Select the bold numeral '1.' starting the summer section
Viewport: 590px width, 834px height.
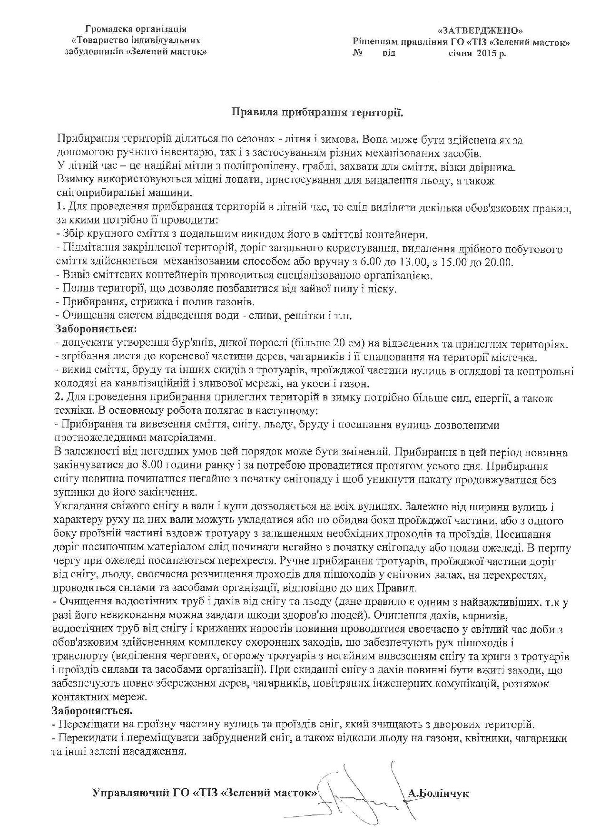tap(59, 208)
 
